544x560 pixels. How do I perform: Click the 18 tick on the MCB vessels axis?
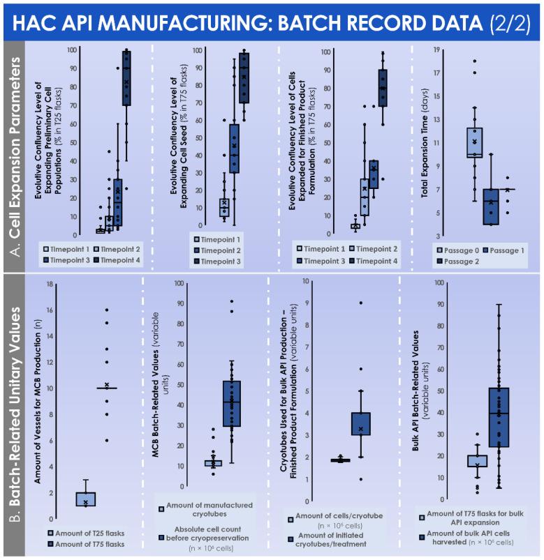point(49,284)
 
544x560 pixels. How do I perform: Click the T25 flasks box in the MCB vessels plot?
point(85,499)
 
